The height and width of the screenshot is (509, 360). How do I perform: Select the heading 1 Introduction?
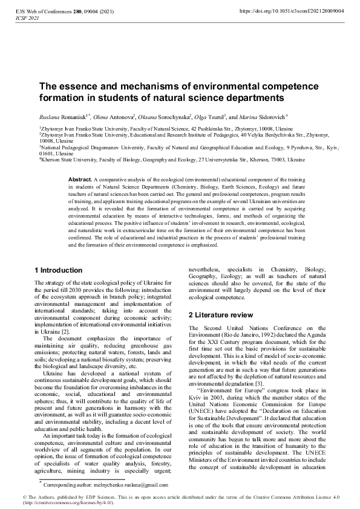point(59,270)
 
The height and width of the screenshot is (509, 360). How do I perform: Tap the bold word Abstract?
point(79,180)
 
